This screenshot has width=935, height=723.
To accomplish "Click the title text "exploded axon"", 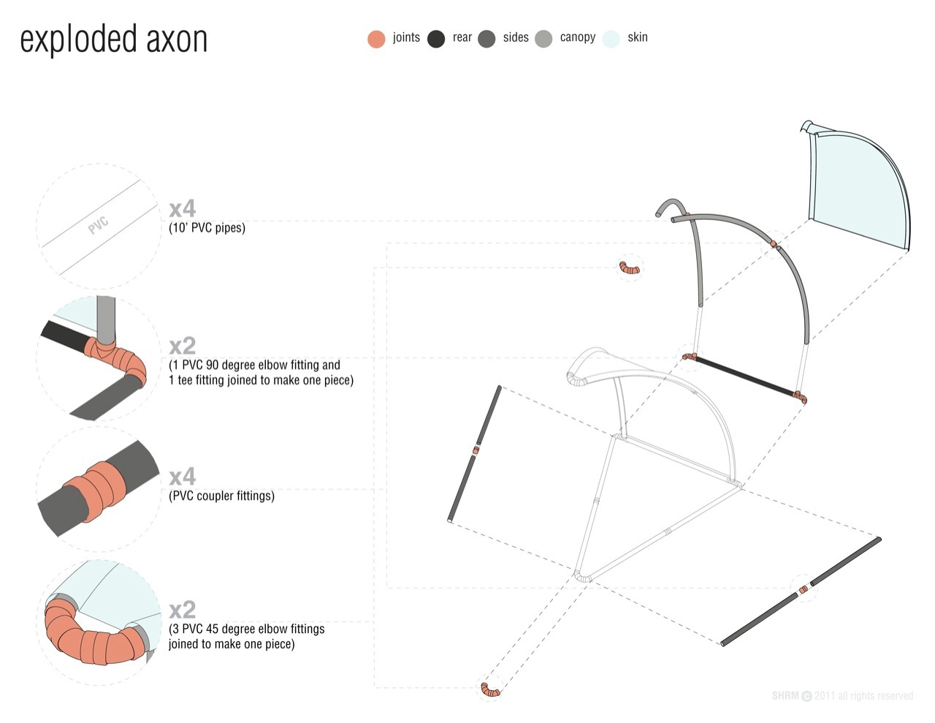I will [113, 39].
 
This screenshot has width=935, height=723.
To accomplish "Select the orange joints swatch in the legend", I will [376, 39].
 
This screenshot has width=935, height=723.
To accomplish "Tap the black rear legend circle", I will [436, 39].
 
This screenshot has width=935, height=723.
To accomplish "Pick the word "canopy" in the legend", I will [577, 37].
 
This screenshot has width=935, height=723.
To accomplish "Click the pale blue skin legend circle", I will [611, 39].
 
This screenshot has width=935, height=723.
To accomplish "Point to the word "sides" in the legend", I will [515, 37].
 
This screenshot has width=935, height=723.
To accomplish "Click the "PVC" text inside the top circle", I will [98, 225].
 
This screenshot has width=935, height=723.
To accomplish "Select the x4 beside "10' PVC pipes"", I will [182, 209].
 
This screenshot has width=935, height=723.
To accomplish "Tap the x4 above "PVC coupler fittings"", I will [182, 477].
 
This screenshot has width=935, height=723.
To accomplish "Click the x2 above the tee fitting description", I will [182, 345].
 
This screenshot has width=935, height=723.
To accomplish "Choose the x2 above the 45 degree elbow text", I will [182, 610].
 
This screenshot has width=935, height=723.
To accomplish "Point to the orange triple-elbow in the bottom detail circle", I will [91, 638].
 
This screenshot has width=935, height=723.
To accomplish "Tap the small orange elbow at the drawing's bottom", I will [490, 689].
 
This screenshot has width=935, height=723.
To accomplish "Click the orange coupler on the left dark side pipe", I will [476, 450].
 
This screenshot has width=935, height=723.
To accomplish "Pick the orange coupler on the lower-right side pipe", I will [804, 589].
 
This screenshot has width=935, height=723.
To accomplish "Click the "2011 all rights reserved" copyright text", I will [863, 696].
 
